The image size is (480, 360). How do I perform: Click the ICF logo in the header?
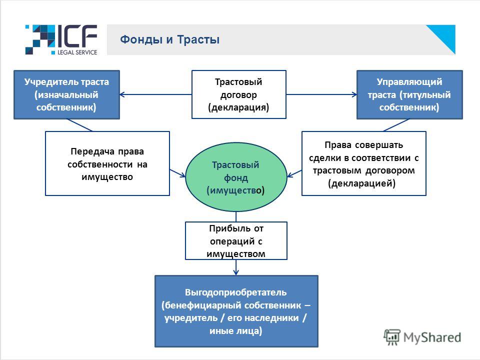(61, 40)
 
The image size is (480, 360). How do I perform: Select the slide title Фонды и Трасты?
(169, 39)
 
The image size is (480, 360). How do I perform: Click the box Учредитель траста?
(66, 94)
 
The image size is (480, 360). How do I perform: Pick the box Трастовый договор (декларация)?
(239, 94)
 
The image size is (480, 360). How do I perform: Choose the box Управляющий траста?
(409, 94)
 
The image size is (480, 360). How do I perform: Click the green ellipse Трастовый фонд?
(236, 177)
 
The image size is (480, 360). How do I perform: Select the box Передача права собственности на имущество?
(107, 163)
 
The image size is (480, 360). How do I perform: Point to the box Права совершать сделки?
(364, 163)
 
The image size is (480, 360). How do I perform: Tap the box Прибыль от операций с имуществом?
(236, 241)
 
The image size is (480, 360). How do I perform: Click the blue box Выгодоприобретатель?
(236, 311)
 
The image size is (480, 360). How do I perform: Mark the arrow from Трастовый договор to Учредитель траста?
(156, 94)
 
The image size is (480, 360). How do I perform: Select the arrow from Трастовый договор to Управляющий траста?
(321, 94)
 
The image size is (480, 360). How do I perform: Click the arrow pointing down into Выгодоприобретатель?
(236, 267)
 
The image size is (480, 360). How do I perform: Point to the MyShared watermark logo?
(422, 337)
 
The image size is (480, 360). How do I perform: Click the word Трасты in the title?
(198, 39)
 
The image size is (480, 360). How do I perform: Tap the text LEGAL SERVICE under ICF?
(77, 52)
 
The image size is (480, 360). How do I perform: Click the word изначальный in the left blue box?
(66, 95)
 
